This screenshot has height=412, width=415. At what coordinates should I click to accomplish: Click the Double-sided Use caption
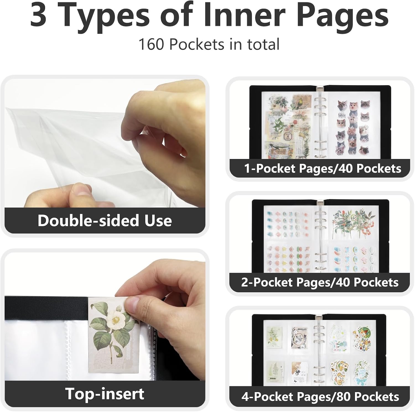[x=105, y=220]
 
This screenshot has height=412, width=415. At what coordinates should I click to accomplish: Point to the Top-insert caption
[x=105, y=393]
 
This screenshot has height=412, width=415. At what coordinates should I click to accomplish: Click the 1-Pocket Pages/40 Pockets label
[x=323, y=168]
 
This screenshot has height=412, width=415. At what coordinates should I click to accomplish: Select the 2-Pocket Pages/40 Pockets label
[x=320, y=282]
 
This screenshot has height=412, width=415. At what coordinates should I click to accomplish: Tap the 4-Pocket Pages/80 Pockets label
[x=320, y=397]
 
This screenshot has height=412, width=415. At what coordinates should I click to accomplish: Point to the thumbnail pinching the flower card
[x=132, y=306]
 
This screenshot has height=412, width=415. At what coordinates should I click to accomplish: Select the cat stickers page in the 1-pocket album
[x=354, y=127]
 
